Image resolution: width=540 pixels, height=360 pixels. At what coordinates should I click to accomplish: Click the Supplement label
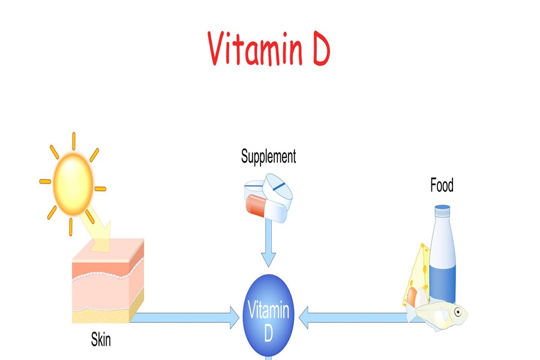(x=268, y=157)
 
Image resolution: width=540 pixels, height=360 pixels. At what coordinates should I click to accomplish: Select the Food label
(x=442, y=185)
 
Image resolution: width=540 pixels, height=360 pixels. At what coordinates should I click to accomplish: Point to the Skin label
(x=101, y=341)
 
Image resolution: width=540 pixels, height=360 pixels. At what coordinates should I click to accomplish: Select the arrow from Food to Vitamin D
(x=354, y=317)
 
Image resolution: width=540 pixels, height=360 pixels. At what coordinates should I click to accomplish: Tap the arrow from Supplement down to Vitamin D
(x=268, y=243)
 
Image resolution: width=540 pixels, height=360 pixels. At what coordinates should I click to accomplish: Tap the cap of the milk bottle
(x=442, y=211)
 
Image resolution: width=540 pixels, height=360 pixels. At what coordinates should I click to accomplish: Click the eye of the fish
(x=458, y=312)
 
